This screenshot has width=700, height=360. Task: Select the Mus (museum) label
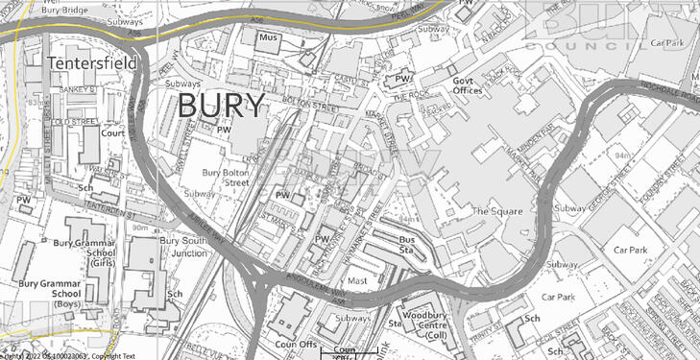coord(269,37)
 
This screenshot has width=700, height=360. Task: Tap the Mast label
coord(357,281)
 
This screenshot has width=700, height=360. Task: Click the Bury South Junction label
coord(182,247)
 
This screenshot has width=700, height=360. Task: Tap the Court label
coord(113,133)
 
